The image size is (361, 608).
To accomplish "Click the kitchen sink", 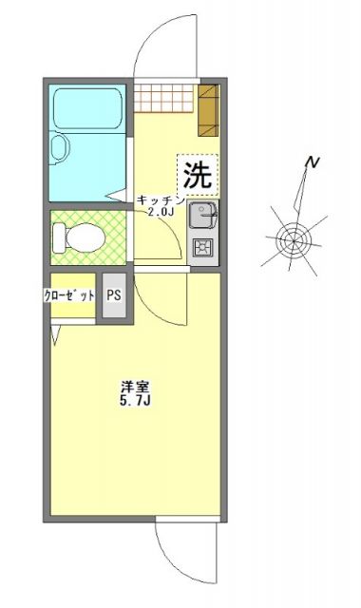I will [201, 218].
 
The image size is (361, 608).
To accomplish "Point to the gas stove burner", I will [202, 250].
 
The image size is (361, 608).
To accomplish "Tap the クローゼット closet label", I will [69, 295].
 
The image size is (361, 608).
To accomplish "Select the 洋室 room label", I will [133, 388].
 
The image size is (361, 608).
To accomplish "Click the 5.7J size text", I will [133, 403].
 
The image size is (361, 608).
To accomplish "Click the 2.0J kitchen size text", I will [159, 213].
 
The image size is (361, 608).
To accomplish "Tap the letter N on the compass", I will [311, 163].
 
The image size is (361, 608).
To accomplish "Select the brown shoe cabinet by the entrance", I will [208, 108].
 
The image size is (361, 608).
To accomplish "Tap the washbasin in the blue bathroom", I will [61, 148].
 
